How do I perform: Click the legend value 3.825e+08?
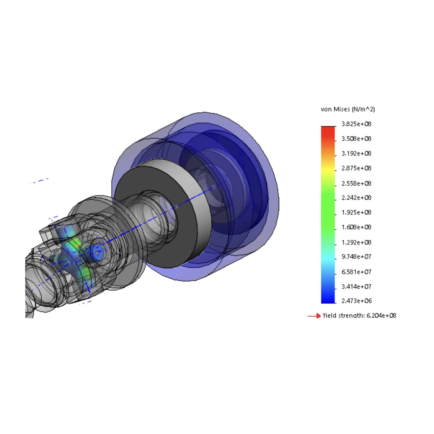tap(356, 124)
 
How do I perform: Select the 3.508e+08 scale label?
tap(356, 139)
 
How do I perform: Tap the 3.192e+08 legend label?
tap(356, 153)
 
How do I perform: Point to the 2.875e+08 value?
tap(356, 168)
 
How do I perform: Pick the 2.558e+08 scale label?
tap(356, 183)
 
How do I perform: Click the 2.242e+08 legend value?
tap(356, 198)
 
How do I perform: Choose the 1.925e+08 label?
tap(356, 212)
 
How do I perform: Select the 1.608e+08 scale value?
tap(356, 227)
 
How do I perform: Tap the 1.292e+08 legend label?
tap(356, 242)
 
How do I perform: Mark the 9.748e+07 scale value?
tap(356, 257)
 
